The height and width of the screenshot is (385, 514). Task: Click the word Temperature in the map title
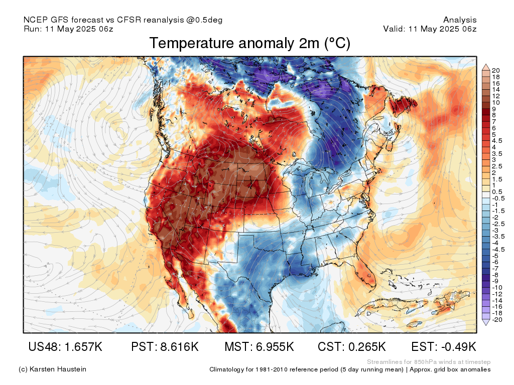pos(189,44)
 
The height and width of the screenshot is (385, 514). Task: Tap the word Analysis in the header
pos(460,20)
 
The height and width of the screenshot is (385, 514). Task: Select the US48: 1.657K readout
pos(66,346)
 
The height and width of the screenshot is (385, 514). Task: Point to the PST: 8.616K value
pos(165,346)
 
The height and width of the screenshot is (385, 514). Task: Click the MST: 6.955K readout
pos(259,346)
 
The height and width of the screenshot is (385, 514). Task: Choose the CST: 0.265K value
pos(352,346)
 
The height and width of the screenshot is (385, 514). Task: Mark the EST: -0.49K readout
pos(444,346)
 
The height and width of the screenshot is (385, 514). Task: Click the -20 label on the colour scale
pos(497,320)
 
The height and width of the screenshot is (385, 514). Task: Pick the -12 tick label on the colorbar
pos(497,294)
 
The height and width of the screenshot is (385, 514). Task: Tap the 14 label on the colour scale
pos(495,90)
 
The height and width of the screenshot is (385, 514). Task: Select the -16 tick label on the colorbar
pos(497,307)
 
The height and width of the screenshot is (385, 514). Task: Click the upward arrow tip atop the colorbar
pos(486,65)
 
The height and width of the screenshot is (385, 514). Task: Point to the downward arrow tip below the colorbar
pos(486,325)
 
